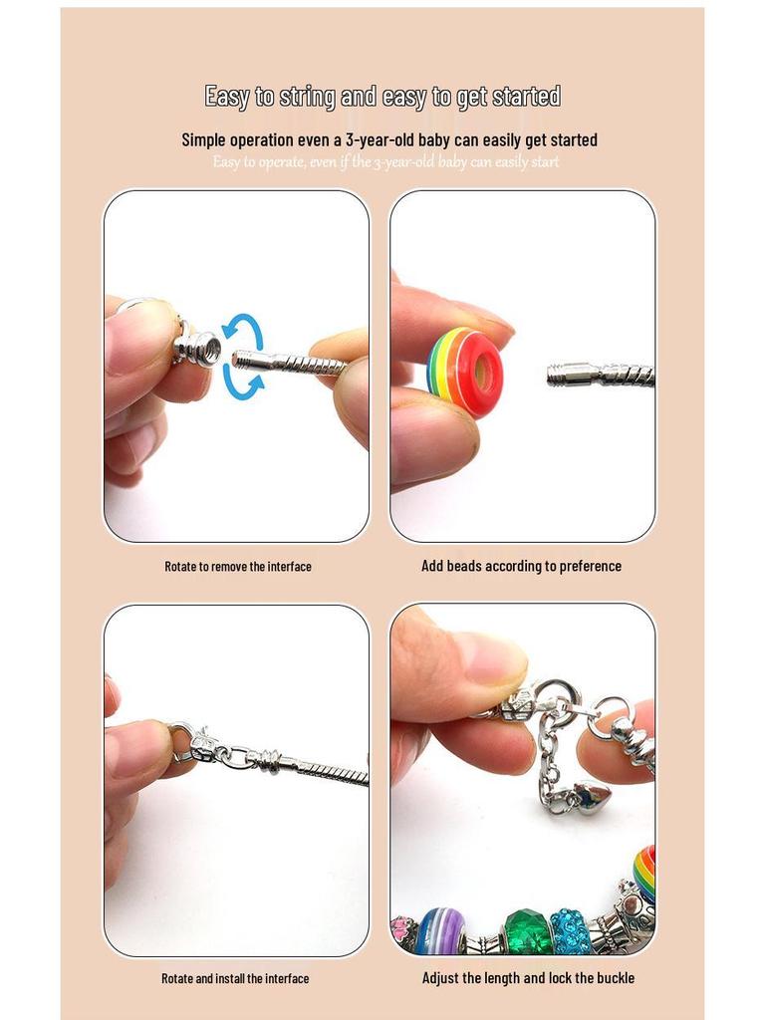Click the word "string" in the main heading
pos(308,97)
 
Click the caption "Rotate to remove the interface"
pos(238,567)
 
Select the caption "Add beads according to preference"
pos(521,566)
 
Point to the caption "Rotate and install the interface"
pos(235,979)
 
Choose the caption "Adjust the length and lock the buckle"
pos(528,978)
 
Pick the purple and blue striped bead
pos(441,931)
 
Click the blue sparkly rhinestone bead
pos(572,931)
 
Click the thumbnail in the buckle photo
pos(487,658)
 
